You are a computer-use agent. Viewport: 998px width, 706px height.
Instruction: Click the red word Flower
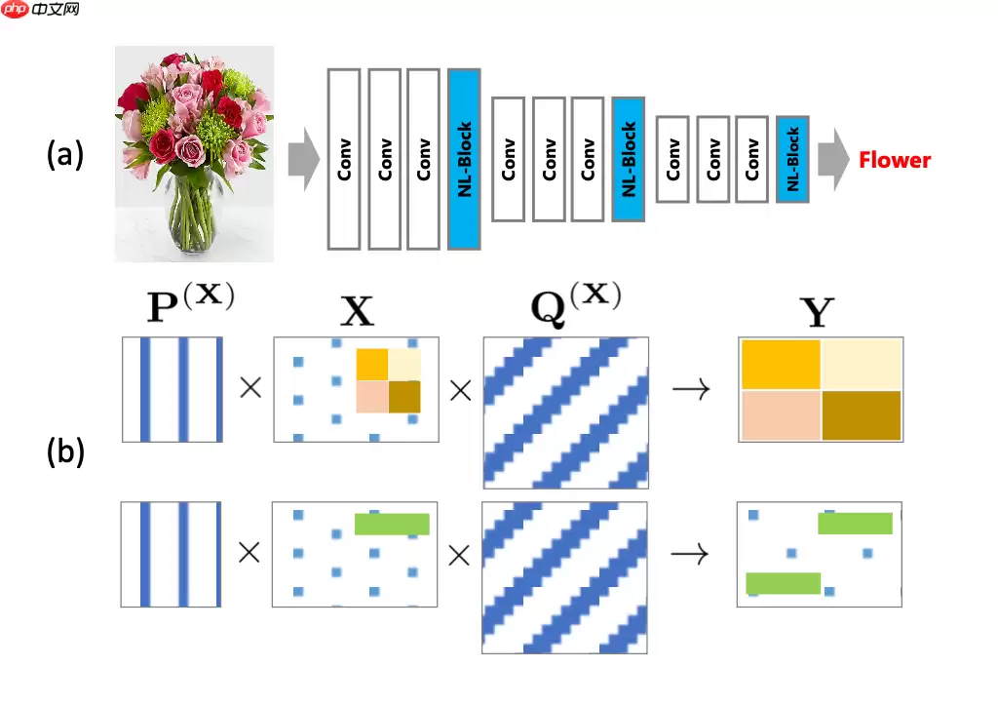pyautogui.click(x=895, y=160)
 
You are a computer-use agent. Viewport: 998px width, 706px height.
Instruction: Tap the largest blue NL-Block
pyautogui.click(x=464, y=159)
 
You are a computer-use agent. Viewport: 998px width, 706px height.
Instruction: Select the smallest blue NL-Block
pyautogui.click(x=792, y=159)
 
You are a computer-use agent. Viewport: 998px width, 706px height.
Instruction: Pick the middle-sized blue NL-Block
pyautogui.click(x=629, y=159)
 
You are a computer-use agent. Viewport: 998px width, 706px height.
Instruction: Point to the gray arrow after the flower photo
pyautogui.click(x=304, y=159)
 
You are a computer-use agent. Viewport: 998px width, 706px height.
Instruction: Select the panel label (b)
pyautogui.click(x=66, y=452)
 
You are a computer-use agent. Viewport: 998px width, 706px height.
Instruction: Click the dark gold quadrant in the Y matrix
pyautogui.click(x=862, y=414)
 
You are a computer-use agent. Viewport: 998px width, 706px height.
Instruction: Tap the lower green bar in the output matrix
pyautogui.click(x=783, y=583)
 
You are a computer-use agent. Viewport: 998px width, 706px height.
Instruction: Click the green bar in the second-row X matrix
pyautogui.click(x=392, y=524)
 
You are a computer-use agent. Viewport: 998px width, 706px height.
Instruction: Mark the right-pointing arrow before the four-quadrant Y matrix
pyautogui.click(x=691, y=389)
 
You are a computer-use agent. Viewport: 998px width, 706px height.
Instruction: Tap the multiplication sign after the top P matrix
pyautogui.click(x=250, y=388)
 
